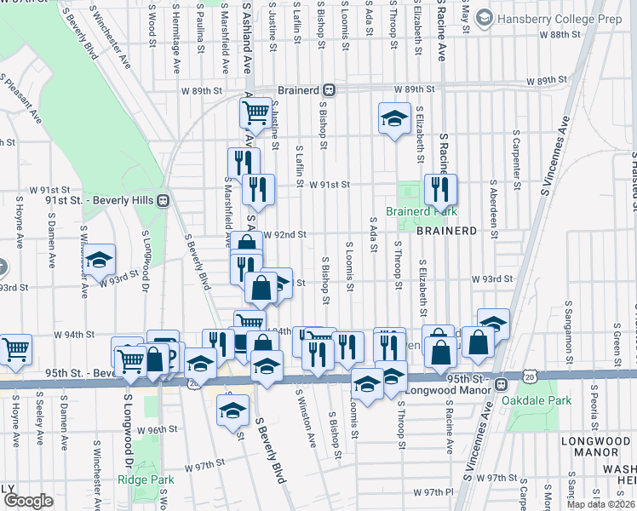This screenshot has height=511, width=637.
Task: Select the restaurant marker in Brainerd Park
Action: (x=440, y=190)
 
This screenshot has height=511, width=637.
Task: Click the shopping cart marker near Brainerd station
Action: (x=255, y=112)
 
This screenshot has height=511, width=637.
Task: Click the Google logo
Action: (x=28, y=501)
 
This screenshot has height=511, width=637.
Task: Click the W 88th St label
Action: (x=560, y=35)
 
